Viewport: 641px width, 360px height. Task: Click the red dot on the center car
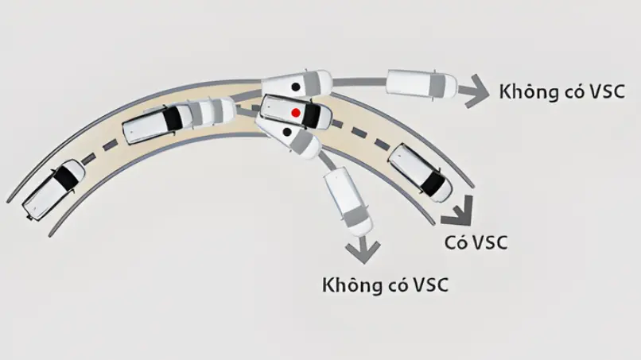click(x=296, y=112)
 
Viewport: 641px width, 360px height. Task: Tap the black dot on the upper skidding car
click(x=295, y=87)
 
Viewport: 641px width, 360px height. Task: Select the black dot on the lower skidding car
click(x=287, y=132)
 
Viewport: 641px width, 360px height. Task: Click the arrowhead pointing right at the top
click(x=475, y=91)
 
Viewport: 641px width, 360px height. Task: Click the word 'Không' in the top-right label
click(x=526, y=91)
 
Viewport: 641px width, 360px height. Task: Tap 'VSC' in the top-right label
click(x=606, y=91)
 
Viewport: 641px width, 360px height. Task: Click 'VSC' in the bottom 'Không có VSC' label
click(x=429, y=285)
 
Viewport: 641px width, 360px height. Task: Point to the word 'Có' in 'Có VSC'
click(x=456, y=242)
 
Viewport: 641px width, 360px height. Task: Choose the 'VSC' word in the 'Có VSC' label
click(x=489, y=242)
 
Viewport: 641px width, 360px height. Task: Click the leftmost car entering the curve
click(x=53, y=190)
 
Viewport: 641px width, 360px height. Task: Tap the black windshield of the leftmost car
click(x=65, y=176)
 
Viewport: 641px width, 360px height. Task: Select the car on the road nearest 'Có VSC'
click(x=419, y=172)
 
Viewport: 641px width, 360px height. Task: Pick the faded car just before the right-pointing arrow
click(x=422, y=84)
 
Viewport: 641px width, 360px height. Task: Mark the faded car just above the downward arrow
click(x=348, y=202)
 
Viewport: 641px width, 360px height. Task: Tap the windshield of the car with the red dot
click(x=312, y=116)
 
